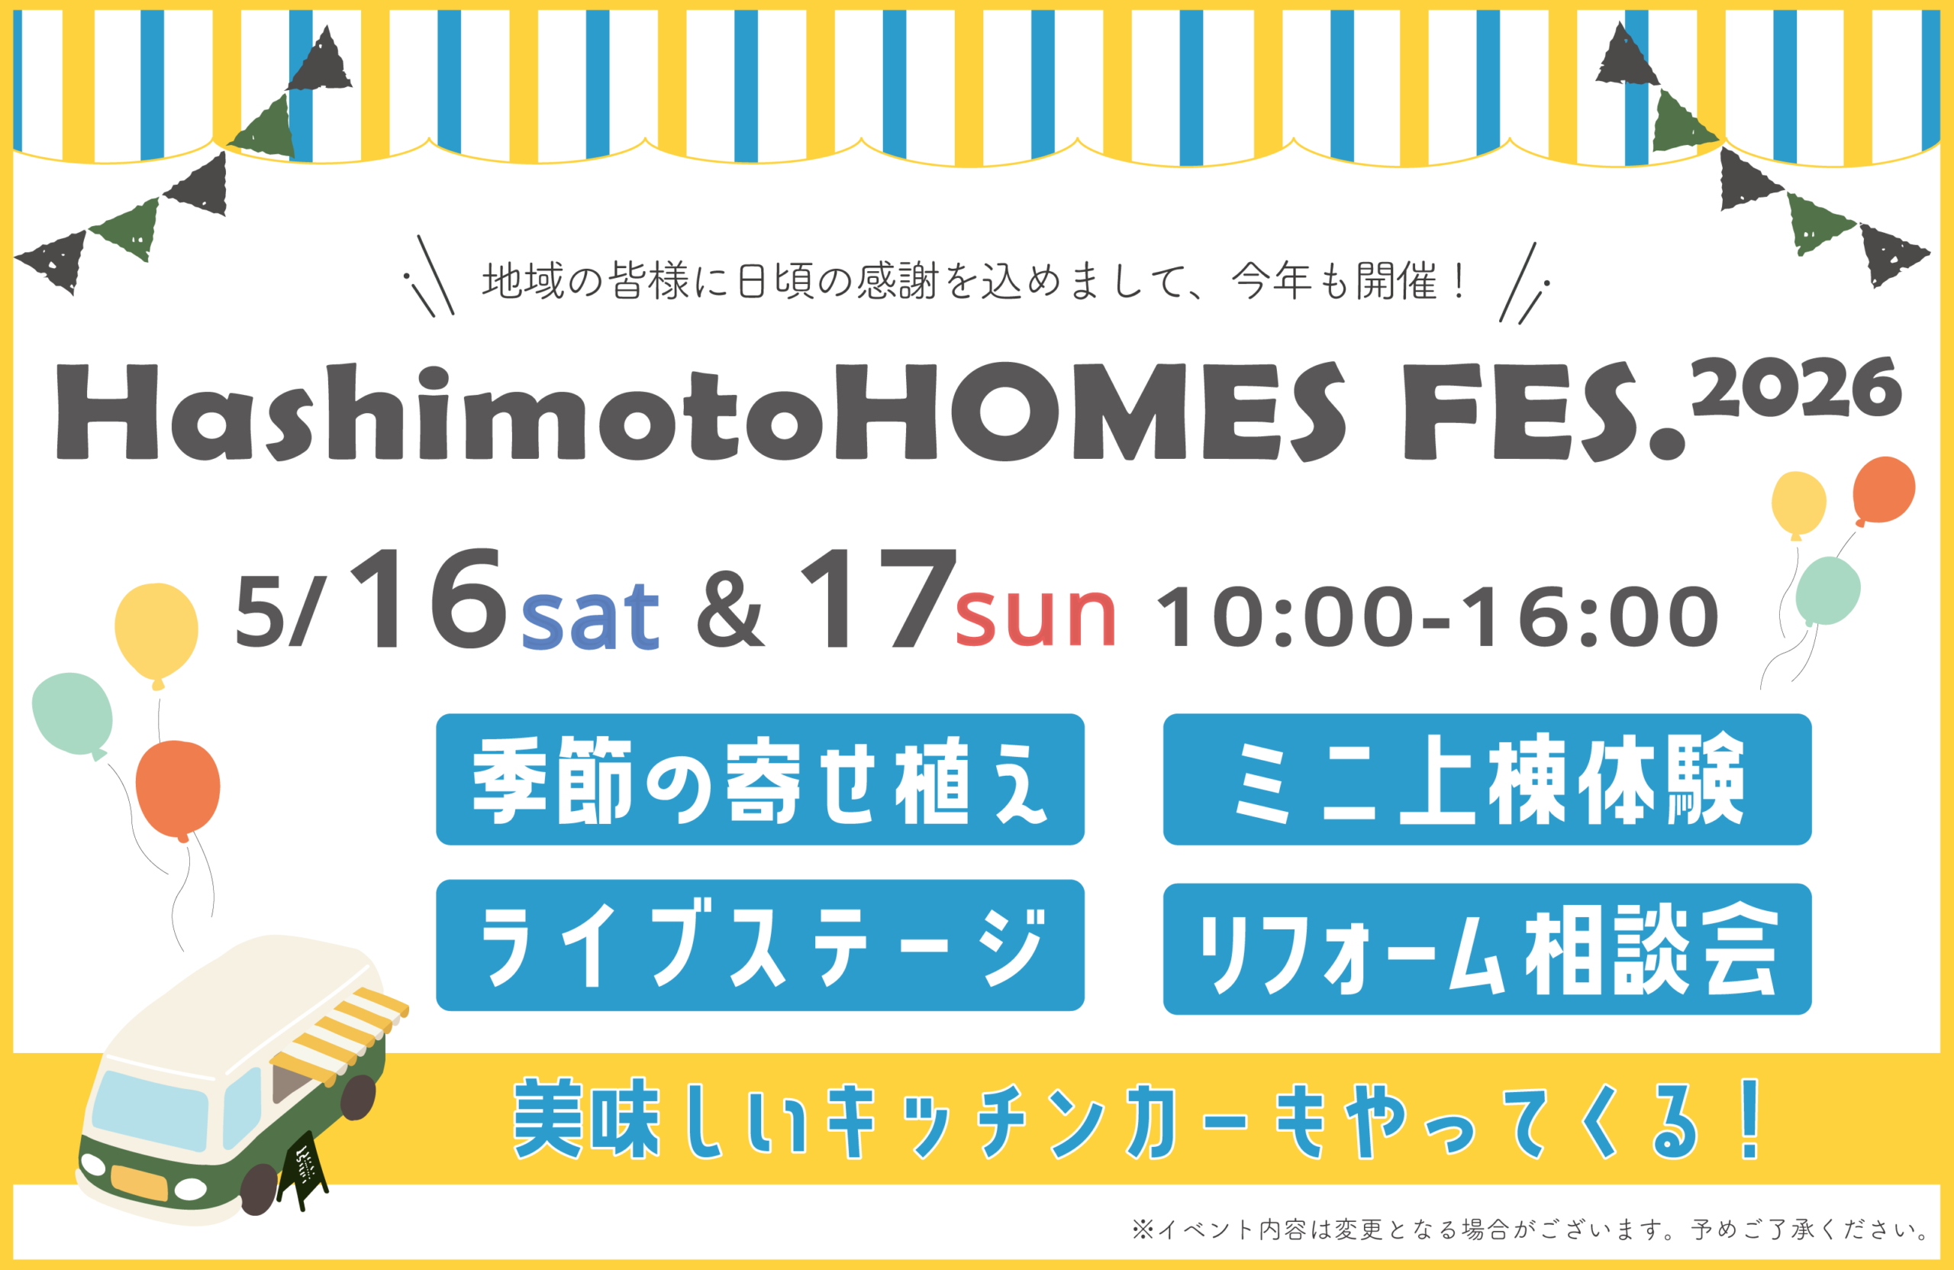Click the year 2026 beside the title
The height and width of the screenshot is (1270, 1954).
[x=1795, y=388]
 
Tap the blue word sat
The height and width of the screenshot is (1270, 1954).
[x=590, y=616]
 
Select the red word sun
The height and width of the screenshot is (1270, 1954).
[x=1035, y=617]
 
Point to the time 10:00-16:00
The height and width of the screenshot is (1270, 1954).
[x=1437, y=616]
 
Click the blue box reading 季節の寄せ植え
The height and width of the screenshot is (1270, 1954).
[x=759, y=779]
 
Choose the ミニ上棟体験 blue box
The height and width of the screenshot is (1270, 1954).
[x=1487, y=779]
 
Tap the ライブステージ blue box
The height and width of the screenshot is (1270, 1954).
[x=759, y=945]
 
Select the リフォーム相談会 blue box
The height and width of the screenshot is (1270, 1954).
[x=1487, y=948]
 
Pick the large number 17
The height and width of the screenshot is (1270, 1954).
[x=879, y=598]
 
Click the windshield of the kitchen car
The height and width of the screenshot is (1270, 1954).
[x=150, y=1110]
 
